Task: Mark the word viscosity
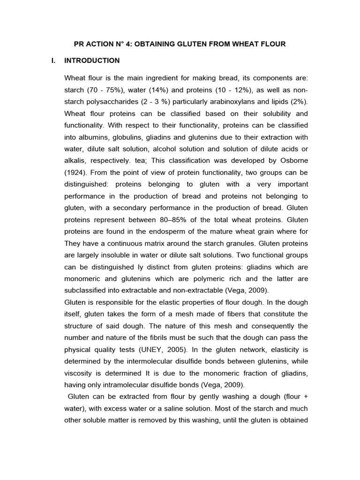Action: pyautogui.click(x=79, y=374)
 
